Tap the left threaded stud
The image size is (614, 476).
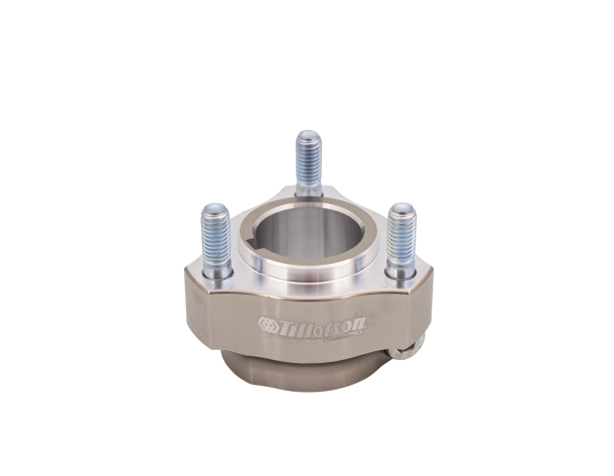tap(215, 233)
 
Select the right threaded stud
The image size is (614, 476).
tap(400, 233)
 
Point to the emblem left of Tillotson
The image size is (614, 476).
tap(266, 323)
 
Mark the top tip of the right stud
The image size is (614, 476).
tap(400, 205)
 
